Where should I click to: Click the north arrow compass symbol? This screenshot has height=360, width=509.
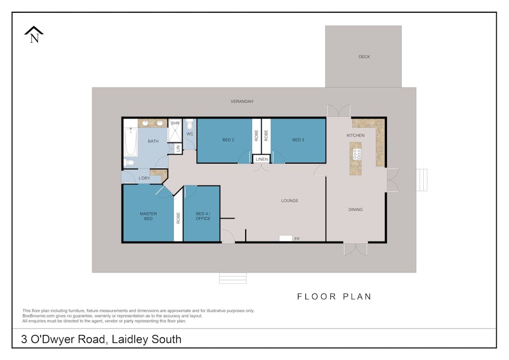coord(34,35)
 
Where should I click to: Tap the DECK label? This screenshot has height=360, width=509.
coord(364,57)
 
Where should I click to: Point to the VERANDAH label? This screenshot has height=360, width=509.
coord(242,101)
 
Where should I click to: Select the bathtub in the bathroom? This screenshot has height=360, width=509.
coord(131,142)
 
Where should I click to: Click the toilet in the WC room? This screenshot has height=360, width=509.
coord(190,125)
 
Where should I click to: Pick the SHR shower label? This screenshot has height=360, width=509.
coord(175,123)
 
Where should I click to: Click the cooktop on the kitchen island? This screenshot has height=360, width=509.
coord(357,154)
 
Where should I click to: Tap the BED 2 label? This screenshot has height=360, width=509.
coord(228,140)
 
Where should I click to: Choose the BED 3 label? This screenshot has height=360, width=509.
coord(298,140)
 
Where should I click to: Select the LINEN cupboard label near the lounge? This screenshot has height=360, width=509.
coord(262,159)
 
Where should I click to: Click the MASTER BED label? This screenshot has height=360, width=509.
coord(148,216)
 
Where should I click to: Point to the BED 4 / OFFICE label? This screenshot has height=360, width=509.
coord(203,216)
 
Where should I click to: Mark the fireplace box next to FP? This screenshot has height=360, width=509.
coord(286,238)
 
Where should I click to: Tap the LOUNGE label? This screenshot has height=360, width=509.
coord(289,201)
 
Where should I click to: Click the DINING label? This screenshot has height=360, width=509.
coord(356,210)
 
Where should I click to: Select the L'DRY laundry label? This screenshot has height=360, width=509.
coord(144,178)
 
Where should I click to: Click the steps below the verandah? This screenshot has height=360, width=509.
coord(233,278)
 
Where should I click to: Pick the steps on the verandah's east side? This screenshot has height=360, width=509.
coord(422,180)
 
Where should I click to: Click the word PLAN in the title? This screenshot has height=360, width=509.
coord(357,297)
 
